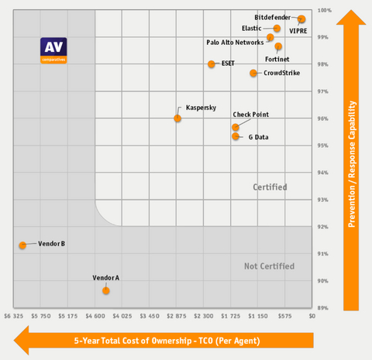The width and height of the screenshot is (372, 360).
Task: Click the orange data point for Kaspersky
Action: [177, 118]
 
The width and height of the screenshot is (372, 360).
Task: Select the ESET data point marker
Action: [212, 64]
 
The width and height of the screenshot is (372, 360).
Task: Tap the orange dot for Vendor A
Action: [106, 290]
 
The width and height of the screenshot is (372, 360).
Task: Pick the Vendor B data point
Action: [22, 245]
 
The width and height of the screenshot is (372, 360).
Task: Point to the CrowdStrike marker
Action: [253, 74]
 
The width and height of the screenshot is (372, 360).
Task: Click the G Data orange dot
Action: [236, 136]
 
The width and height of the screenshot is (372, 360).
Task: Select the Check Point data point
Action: [236, 127]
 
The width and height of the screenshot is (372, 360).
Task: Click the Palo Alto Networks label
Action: [235, 42]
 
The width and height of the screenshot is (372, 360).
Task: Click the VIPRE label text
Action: [298, 31]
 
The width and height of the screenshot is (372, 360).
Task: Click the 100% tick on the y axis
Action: [325, 10]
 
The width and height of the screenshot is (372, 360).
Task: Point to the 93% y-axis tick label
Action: [325, 200]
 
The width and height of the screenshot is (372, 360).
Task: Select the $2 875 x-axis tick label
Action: [178, 317]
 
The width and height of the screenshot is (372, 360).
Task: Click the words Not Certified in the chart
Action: [269, 266]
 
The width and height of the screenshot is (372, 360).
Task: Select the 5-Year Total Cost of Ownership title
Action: [167, 341]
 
